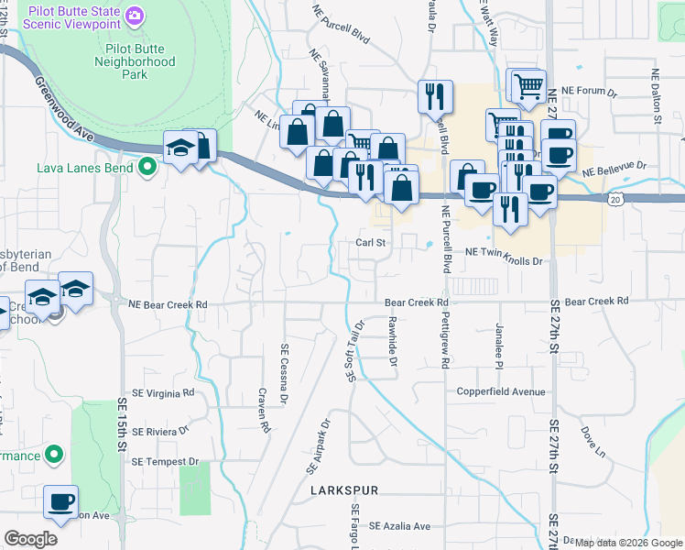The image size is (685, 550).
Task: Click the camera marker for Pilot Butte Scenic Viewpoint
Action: (135, 16)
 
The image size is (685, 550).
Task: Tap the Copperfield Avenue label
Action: (501, 391)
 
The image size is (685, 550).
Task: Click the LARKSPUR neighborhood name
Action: (344, 491)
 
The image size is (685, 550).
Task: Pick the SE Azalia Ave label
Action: (399, 526)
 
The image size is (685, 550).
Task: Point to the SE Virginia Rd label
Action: (164, 392)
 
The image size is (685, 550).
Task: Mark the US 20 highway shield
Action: (615, 198)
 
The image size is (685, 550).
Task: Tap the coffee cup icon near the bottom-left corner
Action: (61, 501)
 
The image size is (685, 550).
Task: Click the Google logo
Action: (31, 539)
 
